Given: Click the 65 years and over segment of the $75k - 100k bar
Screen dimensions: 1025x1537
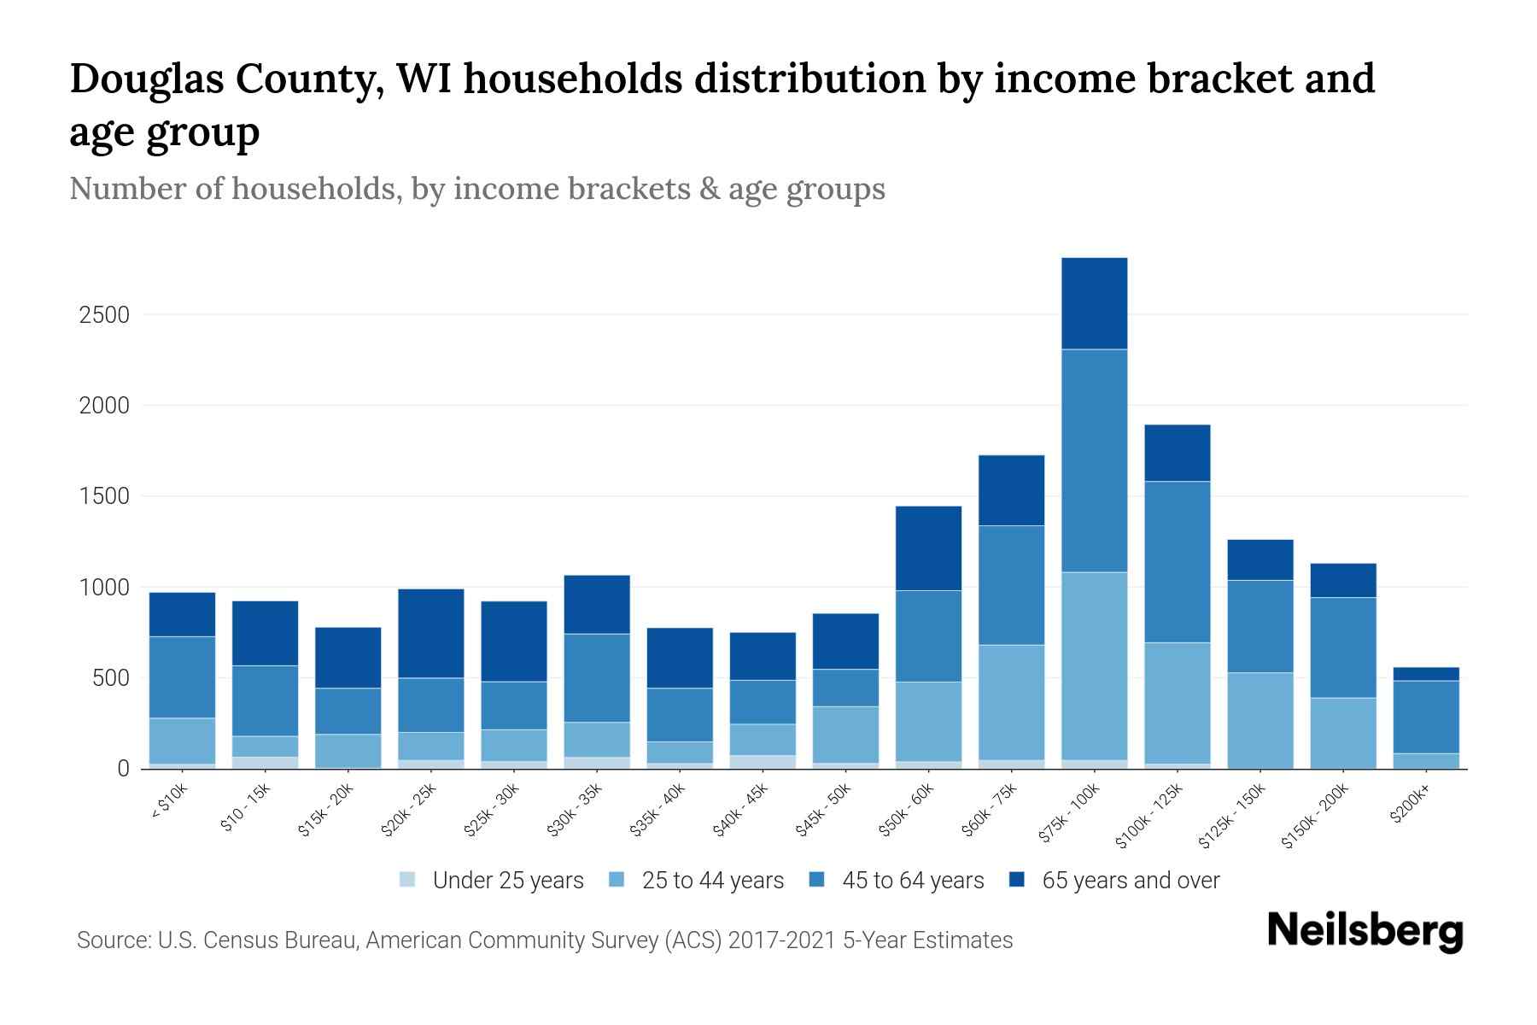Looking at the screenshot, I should (x=1094, y=303).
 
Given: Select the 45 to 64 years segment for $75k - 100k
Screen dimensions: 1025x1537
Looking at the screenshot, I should (x=1094, y=460).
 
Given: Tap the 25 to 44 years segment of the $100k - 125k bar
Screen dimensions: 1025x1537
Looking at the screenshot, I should (x=1177, y=702).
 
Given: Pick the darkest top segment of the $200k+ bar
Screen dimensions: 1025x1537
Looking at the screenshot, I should (x=1426, y=674).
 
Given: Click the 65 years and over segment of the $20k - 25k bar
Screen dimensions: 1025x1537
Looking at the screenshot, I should (x=431, y=633).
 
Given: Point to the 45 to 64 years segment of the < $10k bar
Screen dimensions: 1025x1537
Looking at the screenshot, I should (x=182, y=676).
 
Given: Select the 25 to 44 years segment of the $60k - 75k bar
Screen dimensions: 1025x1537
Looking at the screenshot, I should (x=1011, y=701).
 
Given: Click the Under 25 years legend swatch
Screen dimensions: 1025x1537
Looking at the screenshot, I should (x=408, y=880).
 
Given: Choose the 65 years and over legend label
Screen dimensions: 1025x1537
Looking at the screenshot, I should (x=1131, y=881).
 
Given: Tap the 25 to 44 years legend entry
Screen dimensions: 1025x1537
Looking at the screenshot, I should (x=712, y=881).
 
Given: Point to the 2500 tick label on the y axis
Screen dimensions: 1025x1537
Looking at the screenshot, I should (x=104, y=315).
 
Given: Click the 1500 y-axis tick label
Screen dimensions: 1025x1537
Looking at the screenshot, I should (x=104, y=496).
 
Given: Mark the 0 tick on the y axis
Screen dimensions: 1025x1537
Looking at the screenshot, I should (x=123, y=769).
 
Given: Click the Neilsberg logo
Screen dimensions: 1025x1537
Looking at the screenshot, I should (x=1365, y=931).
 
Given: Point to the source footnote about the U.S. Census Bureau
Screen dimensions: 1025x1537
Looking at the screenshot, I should (x=545, y=940).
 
